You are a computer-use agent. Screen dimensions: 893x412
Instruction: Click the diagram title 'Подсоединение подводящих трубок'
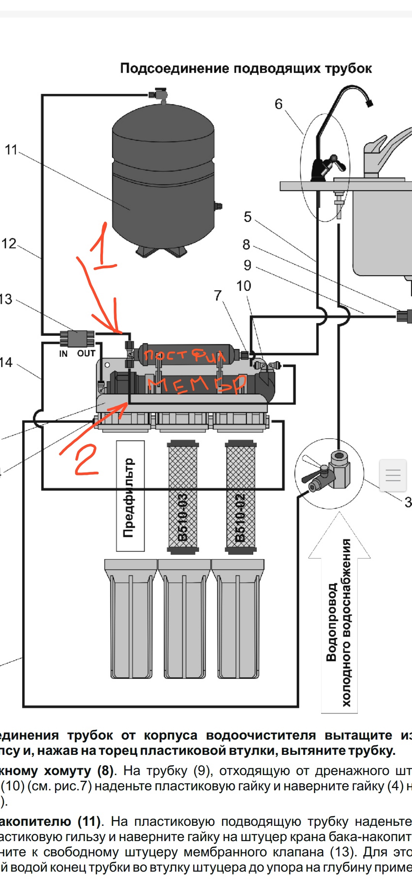click(x=246, y=68)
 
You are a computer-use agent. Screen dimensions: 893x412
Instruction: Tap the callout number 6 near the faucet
click(x=278, y=104)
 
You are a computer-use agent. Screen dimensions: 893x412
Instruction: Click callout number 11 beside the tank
click(x=11, y=150)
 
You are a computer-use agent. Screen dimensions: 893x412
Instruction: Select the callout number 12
click(x=9, y=243)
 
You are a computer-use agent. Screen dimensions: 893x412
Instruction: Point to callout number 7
click(x=217, y=295)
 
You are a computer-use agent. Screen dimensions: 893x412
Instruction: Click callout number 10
click(x=243, y=286)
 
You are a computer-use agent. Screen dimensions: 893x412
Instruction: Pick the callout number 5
click(x=248, y=217)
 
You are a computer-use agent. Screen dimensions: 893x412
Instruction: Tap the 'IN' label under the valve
click(x=63, y=354)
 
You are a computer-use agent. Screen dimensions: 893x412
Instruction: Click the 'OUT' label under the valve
click(x=86, y=353)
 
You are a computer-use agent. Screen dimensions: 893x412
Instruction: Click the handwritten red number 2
click(x=86, y=460)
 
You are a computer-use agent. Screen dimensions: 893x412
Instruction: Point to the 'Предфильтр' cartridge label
click(x=130, y=496)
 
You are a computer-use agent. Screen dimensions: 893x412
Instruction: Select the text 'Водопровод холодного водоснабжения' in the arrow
click(x=339, y=622)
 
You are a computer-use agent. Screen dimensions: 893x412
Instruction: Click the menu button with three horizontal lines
click(x=393, y=475)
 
